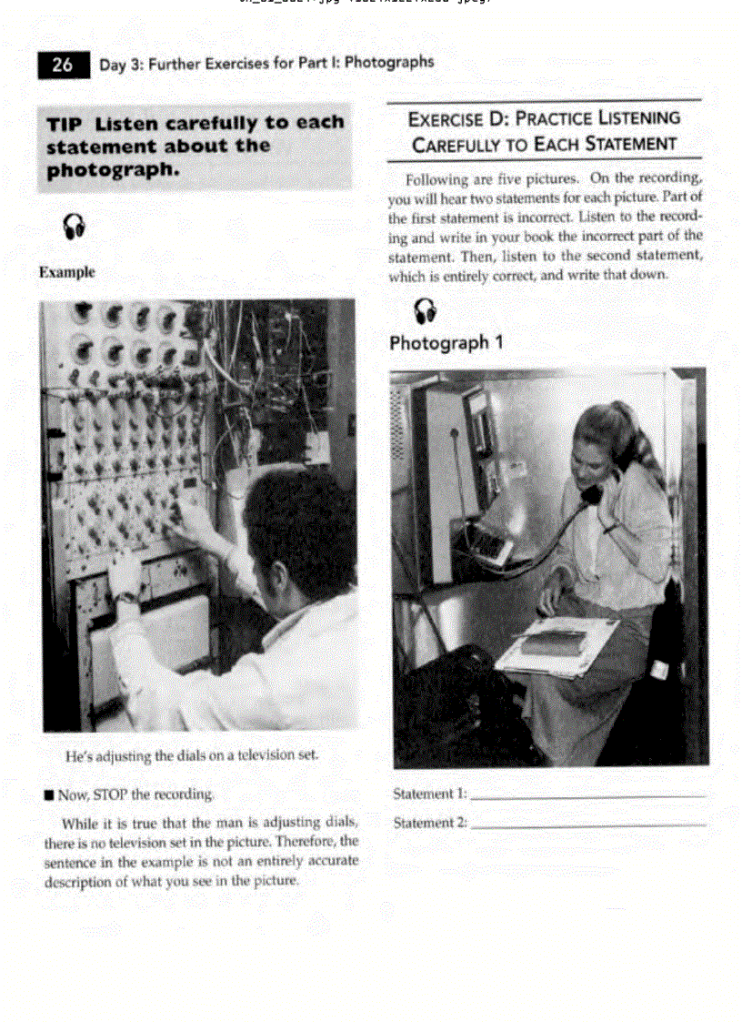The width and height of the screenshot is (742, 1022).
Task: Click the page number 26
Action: (63, 65)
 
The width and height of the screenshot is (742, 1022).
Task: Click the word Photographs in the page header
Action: (389, 63)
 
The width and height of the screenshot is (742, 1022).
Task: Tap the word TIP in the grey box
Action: (67, 124)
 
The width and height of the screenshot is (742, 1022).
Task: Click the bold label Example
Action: (66, 272)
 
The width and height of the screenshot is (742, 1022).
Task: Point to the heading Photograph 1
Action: (446, 343)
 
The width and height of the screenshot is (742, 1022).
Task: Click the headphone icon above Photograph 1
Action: (425, 310)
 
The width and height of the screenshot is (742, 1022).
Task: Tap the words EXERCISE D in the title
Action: (456, 118)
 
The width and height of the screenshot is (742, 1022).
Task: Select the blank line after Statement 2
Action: (589, 825)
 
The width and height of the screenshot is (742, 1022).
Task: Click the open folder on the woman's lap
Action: (556, 646)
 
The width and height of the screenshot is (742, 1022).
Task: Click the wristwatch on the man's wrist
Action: (127, 597)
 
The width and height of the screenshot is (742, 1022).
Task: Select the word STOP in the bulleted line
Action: (108, 794)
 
